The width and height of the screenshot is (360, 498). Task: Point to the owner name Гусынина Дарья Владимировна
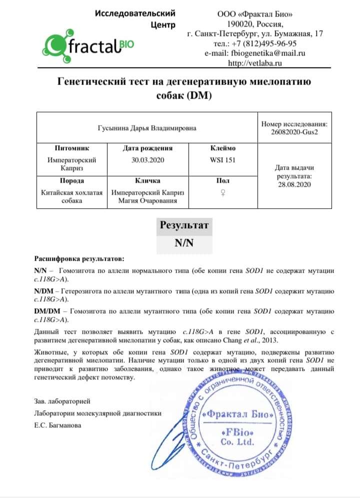pos(146,128)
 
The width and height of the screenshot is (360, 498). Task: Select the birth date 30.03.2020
pos(147,160)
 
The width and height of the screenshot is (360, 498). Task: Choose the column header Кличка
pos(147,181)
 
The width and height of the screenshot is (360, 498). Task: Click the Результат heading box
pos(184,225)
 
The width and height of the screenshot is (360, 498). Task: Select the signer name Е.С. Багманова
pos(57,425)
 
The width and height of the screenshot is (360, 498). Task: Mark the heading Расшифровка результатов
pos(78,259)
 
